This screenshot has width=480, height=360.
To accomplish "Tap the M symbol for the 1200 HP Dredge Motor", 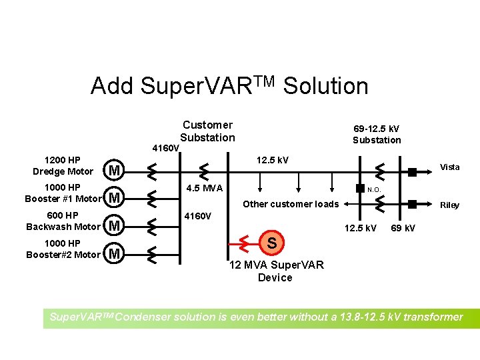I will [115, 171].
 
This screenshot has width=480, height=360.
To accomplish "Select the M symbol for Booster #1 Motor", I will [115, 198].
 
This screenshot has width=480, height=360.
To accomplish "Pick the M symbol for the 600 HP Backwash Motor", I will [115, 226].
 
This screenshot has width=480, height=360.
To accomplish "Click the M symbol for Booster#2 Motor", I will [115, 253].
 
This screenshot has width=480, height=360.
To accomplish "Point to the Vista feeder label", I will [449, 167].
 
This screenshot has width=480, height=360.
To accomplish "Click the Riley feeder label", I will [449, 205].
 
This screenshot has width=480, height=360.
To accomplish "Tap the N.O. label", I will [374, 189].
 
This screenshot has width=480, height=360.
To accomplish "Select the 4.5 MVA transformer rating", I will [205, 188].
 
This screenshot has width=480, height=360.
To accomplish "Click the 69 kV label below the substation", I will [403, 229].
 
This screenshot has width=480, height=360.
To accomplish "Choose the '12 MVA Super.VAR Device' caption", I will [276, 271].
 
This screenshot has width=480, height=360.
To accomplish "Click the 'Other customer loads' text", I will [291, 204].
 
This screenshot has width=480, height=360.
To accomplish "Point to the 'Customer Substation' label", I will [207, 131].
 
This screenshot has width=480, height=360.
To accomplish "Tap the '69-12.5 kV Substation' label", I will [377, 134].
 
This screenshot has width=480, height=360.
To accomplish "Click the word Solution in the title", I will [325, 86].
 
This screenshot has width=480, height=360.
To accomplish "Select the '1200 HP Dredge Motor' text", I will [63, 166].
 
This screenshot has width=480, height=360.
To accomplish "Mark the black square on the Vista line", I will [413, 171].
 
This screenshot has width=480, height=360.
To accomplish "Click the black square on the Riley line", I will [413, 203].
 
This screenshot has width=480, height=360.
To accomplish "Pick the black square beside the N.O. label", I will [359, 188].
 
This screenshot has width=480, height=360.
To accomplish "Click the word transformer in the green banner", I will [429, 317].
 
